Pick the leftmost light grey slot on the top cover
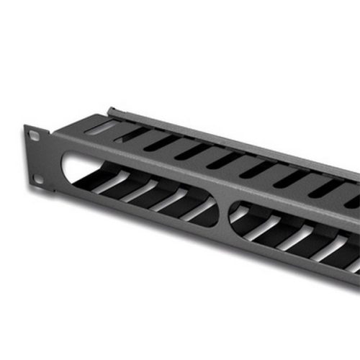pos(101,127)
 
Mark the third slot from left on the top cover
pos(160,143)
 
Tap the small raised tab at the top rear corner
pos(112,112)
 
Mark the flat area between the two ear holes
pos(36,157)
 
